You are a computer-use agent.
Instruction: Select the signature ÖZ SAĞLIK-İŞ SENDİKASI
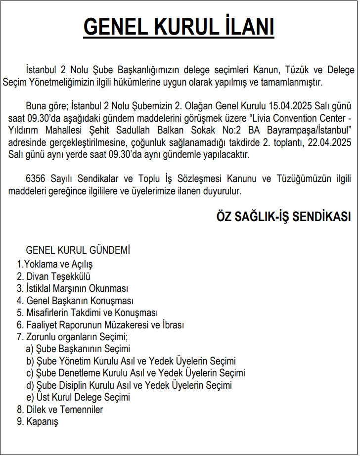(x=283, y=217)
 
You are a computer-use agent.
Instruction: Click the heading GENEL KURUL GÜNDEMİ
(x=78, y=250)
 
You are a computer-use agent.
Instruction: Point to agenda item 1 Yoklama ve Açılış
(x=55, y=265)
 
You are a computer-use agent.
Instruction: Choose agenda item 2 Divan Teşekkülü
(x=53, y=276)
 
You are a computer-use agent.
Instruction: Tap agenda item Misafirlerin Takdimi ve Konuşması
(x=87, y=313)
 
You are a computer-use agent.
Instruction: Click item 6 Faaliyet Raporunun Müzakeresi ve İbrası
(x=100, y=325)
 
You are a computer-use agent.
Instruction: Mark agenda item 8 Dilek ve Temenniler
(x=60, y=410)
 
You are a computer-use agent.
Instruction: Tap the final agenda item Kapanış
(x=38, y=422)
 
